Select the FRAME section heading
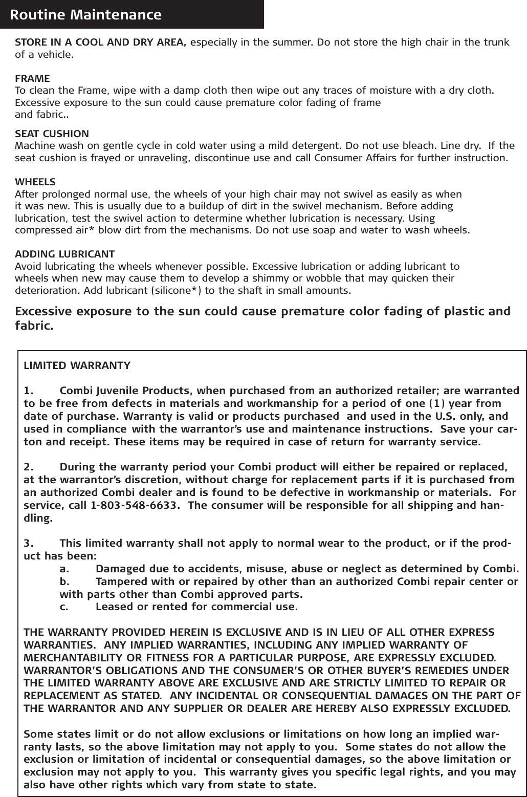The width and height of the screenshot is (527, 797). (33, 79)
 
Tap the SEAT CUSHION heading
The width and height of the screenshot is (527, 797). (52, 134)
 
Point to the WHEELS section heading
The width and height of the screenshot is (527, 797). (36, 182)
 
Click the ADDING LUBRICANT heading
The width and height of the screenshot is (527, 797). (65, 254)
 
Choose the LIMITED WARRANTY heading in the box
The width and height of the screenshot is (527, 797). (77, 366)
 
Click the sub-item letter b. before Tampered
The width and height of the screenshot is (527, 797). (65, 582)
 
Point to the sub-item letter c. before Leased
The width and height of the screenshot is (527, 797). (64, 607)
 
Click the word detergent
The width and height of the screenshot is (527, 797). (314, 145)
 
